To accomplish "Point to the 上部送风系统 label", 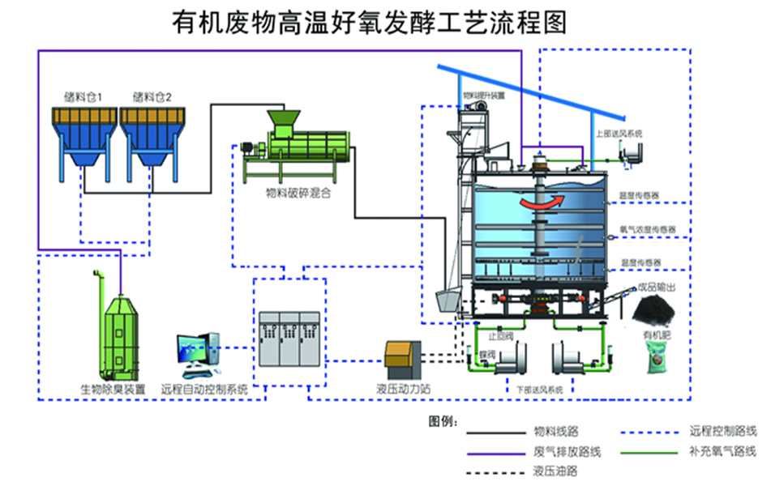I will [x=619, y=133].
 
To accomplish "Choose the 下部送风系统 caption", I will [x=539, y=390].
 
